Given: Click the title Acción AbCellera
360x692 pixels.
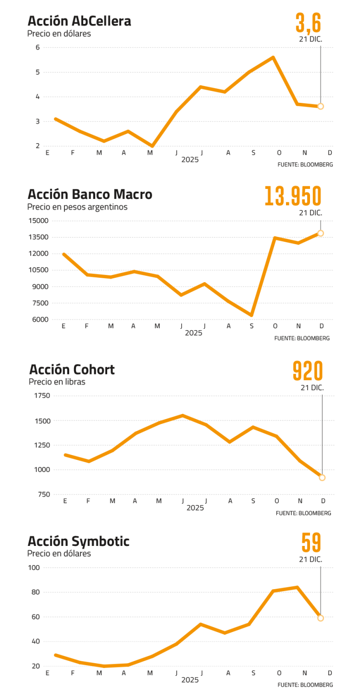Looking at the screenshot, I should point(79,22).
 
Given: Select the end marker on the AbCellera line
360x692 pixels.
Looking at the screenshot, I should point(321,106).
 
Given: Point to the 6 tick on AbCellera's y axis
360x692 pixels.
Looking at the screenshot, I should point(37,48).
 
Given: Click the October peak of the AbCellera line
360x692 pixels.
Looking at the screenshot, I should point(273,57).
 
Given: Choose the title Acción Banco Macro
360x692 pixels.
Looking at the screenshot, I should point(90,195).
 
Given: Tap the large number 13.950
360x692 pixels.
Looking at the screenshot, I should point(293,196).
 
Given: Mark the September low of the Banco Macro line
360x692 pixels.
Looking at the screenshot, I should point(251,315).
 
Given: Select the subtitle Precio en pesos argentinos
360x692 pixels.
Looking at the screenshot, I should point(77,207).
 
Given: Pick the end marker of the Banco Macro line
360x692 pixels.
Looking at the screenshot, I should point(321,234).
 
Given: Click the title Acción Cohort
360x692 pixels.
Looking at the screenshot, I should point(72,370).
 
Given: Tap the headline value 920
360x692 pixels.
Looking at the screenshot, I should point(308,371).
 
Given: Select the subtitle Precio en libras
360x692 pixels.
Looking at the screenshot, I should point(57,382).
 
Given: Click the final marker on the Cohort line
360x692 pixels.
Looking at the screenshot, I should point(322,478).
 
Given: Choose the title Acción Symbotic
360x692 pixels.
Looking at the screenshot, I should point(78,542).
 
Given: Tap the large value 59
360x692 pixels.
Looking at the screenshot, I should point(311,543).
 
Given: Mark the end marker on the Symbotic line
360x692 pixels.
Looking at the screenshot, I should point(321,618).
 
